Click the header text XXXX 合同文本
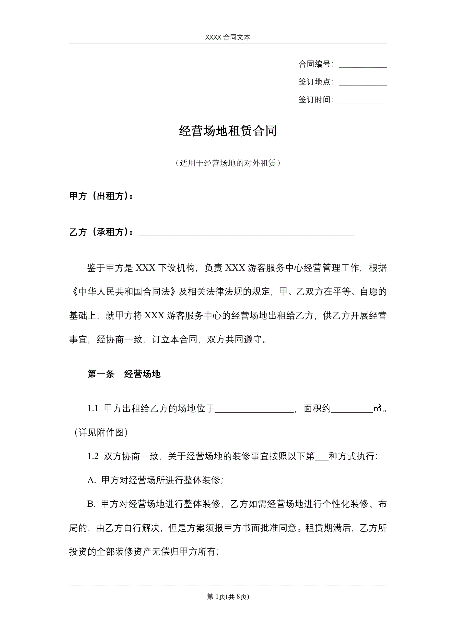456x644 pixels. pos(227,37)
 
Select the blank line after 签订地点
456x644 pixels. pos(363,83)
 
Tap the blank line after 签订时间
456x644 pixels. pos(363,101)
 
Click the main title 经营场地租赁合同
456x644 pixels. pos(228,131)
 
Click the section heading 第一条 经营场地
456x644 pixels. pos(124,374)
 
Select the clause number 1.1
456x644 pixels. pos(93,408)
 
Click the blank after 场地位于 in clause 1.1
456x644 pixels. pos(254,410)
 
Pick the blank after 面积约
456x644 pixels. pos(352,410)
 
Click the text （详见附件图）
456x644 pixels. pos(101,432)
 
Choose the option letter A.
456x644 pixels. pos(91,480)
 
